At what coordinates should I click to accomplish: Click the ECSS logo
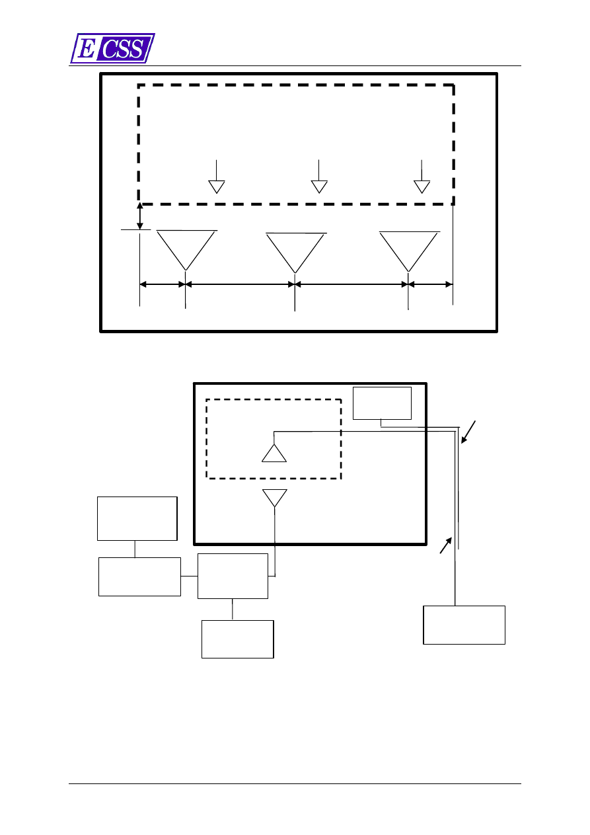point(112,48)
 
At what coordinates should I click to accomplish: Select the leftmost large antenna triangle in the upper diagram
point(186,247)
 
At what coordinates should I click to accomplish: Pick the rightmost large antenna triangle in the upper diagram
point(409,249)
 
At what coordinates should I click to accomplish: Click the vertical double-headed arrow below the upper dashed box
point(140,217)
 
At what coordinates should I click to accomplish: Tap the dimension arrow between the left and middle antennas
point(240,284)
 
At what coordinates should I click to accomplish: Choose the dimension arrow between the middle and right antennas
point(351,284)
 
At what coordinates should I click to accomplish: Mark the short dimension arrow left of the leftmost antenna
point(163,284)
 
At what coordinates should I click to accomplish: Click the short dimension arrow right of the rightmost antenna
point(431,284)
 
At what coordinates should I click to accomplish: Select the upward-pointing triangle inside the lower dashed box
point(274,454)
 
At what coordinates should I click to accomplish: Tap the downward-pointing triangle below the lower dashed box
point(275,497)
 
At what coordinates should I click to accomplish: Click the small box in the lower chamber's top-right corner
point(382,403)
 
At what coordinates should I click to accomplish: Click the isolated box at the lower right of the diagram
point(464,625)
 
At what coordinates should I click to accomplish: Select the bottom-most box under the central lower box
point(237,639)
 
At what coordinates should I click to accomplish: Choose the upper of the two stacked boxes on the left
point(137,518)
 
